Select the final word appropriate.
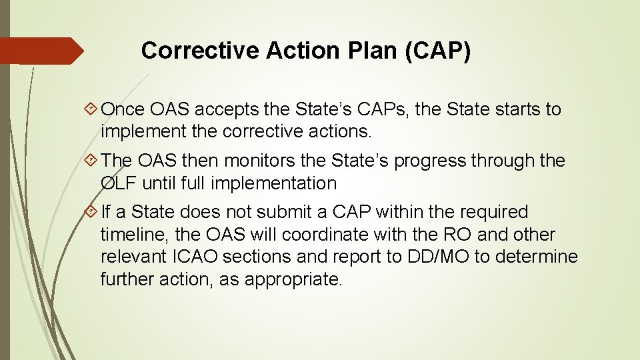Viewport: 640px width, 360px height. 293,279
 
